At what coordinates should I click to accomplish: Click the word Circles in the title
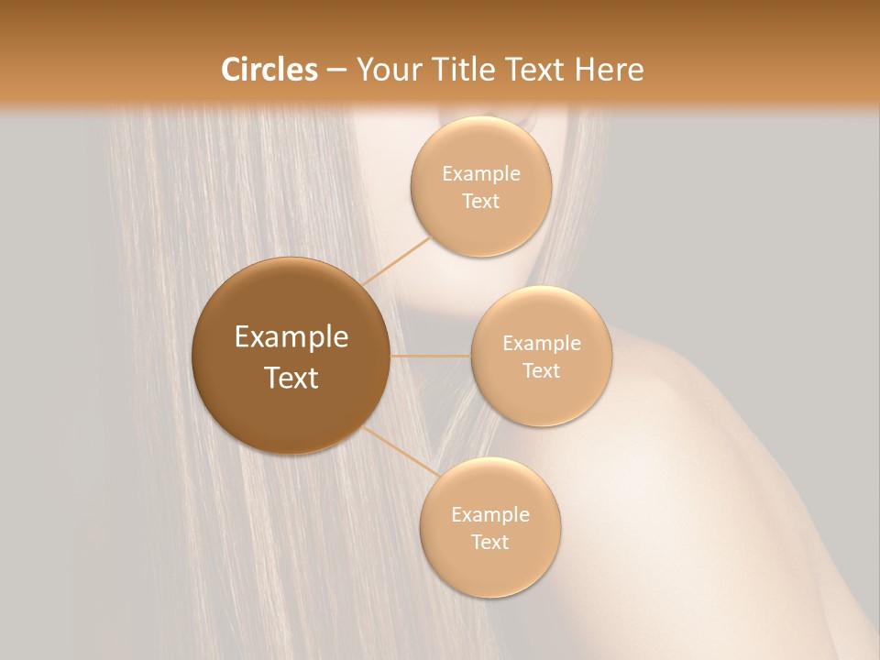pyautogui.click(x=269, y=70)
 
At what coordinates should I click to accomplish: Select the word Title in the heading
pyautogui.click(x=467, y=70)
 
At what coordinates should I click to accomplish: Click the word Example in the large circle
pyautogui.click(x=291, y=337)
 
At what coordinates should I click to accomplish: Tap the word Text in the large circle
pyautogui.click(x=291, y=378)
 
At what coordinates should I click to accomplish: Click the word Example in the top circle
pyautogui.click(x=480, y=174)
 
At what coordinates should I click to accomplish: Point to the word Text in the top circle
pyautogui.click(x=480, y=202)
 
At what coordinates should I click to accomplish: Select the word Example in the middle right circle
pyautogui.click(x=541, y=344)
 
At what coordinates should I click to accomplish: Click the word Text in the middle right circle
pyautogui.click(x=541, y=371)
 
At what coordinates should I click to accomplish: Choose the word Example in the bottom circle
pyautogui.click(x=489, y=515)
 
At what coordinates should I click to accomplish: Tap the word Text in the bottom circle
pyautogui.click(x=489, y=543)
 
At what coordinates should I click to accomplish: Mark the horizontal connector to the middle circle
pyautogui.click(x=431, y=356)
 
